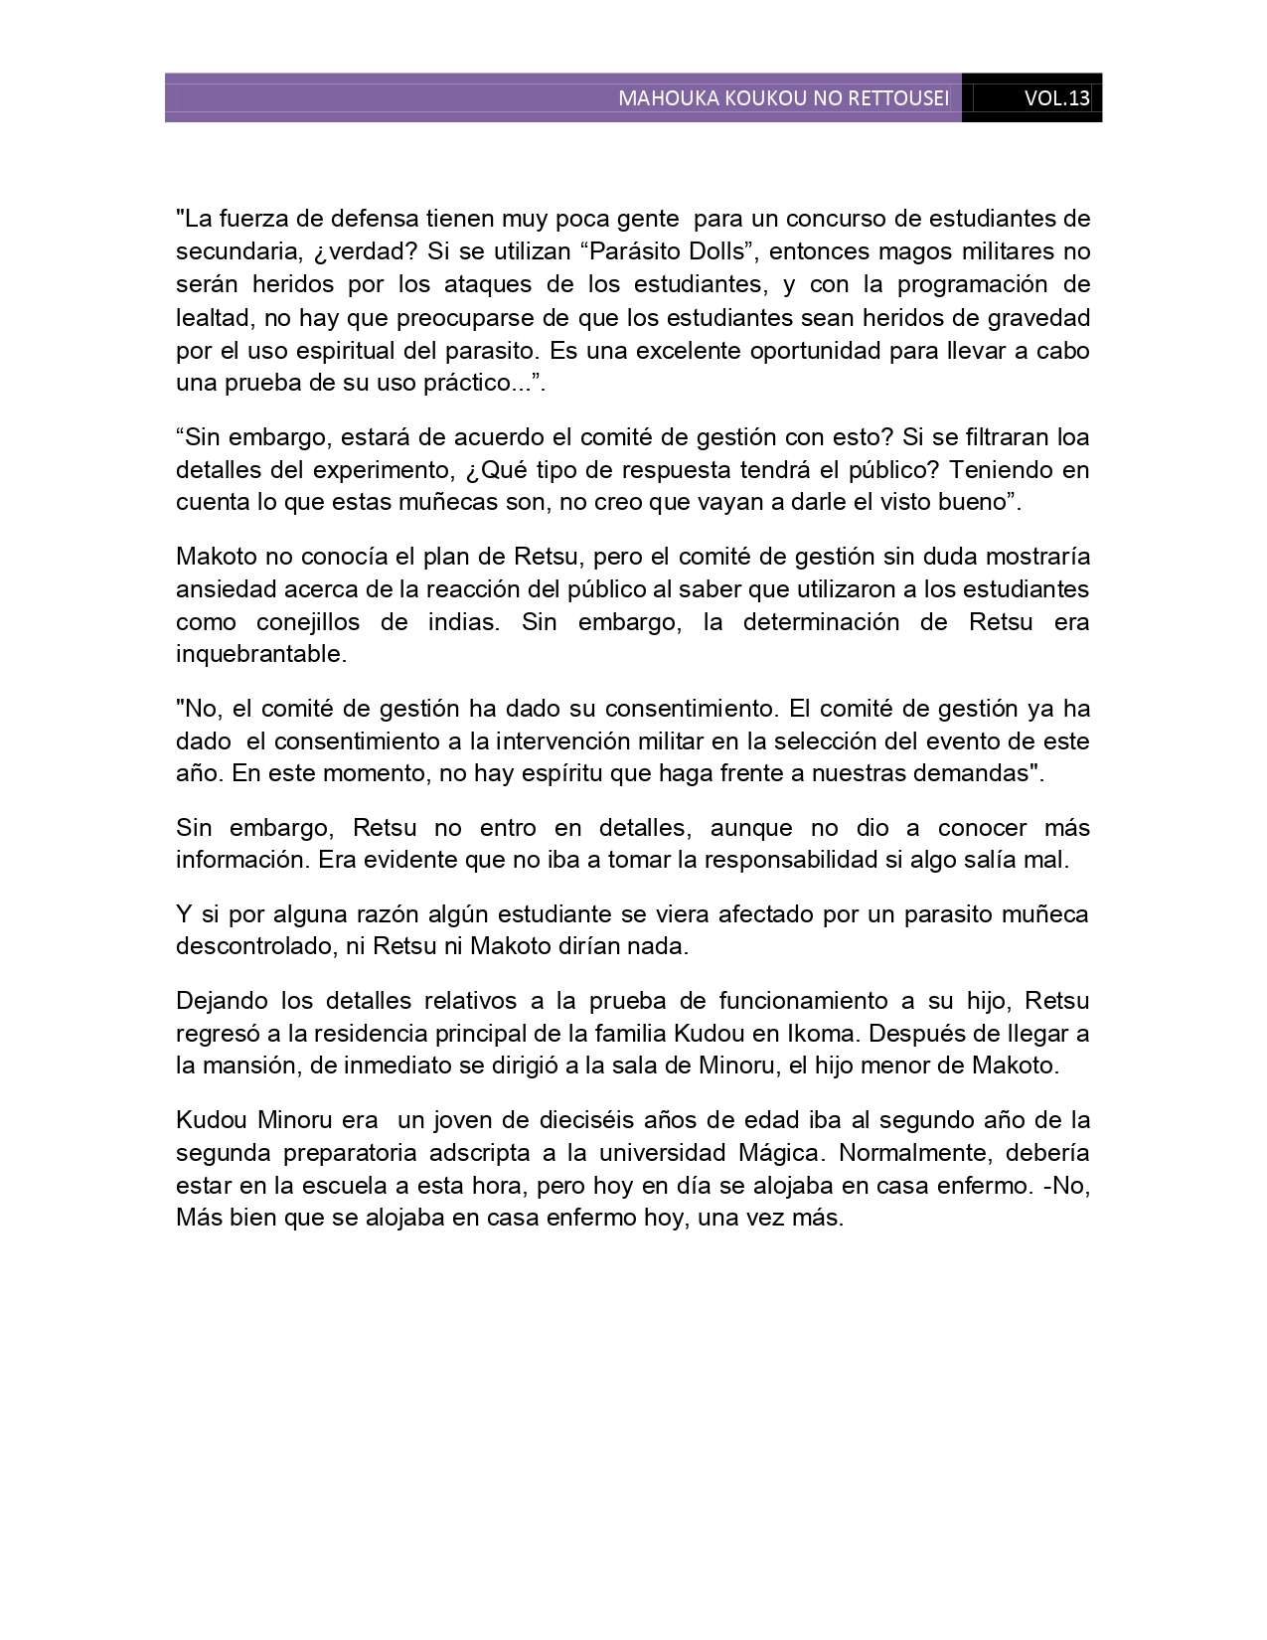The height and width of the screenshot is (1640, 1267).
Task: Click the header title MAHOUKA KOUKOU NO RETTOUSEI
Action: (783, 98)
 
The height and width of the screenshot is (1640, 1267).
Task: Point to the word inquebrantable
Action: (260, 654)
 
